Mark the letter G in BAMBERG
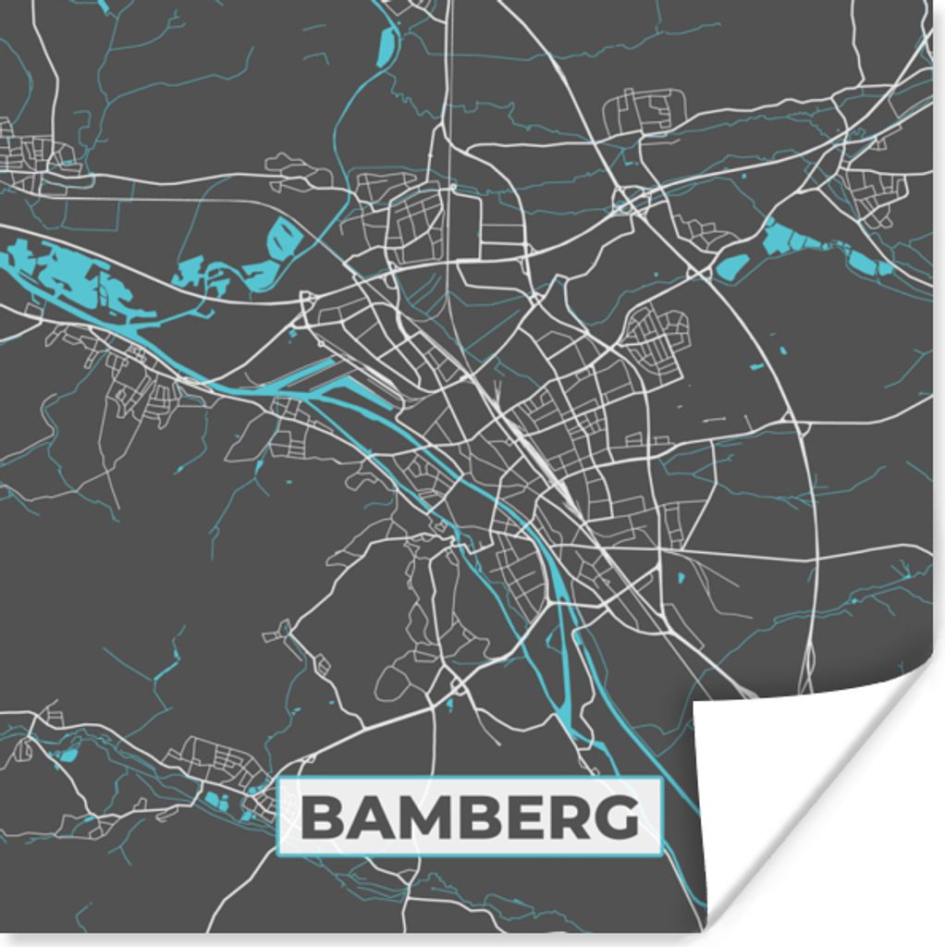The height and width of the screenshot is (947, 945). [617, 818]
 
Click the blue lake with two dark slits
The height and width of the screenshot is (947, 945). [284, 239]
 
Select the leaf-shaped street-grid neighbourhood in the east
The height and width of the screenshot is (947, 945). [658, 338]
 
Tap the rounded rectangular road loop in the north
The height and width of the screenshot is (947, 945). [644, 111]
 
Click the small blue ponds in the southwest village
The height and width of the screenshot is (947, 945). [217, 800]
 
